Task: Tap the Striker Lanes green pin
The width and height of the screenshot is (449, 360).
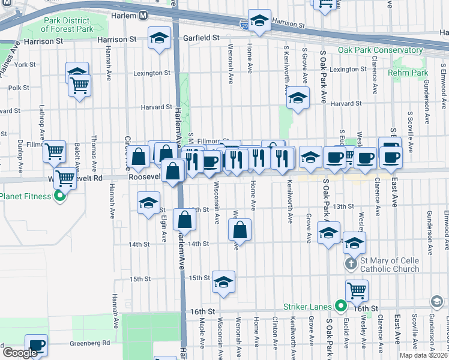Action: coord(341,307)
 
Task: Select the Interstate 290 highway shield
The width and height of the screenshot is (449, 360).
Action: coord(243,25)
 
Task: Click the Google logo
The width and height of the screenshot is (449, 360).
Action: coord(20,353)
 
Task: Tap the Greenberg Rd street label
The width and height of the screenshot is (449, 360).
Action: coord(90,343)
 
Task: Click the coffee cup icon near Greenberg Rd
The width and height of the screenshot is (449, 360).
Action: coord(36,344)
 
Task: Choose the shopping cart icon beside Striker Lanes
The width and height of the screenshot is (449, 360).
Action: coord(357,290)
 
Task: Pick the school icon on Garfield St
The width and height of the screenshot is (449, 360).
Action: coord(158,38)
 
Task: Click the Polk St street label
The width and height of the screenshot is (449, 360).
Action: coord(19,88)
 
